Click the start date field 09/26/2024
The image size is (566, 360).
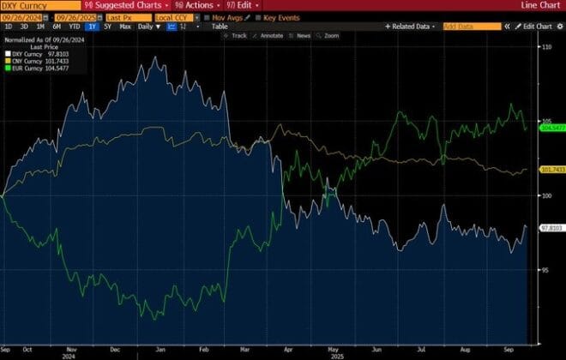click(x=21, y=16)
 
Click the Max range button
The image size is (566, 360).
click(x=125, y=27)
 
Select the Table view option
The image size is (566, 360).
click(x=220, y=27)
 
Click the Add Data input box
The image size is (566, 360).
click(x=471, y=27)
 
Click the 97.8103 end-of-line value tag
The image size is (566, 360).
click(x=550, y=228)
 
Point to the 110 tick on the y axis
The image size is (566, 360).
click(x=546, y=46)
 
